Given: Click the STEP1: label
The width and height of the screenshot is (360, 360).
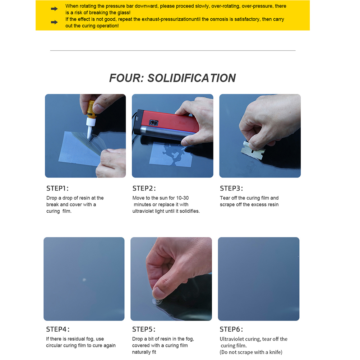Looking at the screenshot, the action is click(57, 189).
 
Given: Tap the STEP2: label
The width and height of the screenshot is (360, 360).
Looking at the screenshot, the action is click(144, 189).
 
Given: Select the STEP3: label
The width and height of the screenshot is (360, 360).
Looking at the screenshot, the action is click(231, 189).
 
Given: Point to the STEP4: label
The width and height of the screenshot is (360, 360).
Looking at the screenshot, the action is click(57, 329).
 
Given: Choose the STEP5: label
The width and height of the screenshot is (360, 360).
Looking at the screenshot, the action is click(144, 329).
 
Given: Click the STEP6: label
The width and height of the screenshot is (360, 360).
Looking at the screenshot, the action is click(231, 329).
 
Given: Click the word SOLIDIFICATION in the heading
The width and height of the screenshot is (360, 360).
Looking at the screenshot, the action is click(191, 78).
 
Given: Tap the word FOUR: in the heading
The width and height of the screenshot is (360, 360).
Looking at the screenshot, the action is click(126, 78).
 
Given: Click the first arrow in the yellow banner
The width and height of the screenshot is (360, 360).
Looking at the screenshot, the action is click(54, 9).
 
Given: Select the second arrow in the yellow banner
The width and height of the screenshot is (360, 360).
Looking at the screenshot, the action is click(54, 22).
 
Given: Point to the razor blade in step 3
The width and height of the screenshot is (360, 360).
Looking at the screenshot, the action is click(253, 152).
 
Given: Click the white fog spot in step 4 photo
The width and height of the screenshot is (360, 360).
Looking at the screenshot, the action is click(84, 280).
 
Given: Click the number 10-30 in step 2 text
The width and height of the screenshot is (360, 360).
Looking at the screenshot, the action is click(182, 198).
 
